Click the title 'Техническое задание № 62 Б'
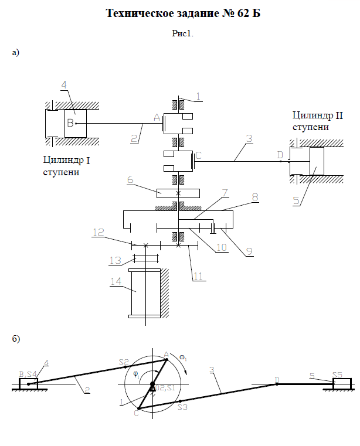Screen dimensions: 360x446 coord(183,13)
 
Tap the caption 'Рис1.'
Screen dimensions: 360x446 coord(182,33)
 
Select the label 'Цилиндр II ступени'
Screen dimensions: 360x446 coord(318,121)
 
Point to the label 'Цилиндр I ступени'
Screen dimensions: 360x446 coord(66,166)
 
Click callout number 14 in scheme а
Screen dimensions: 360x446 coord(116,281)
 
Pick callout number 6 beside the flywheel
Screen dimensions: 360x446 coord(130,179)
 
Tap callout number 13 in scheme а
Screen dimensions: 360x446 coord(116,260)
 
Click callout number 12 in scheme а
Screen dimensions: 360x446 coord(99,232)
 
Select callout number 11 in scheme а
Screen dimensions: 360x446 coord(198,276)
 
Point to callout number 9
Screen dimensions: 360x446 coord(249,251)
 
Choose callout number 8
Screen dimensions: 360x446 coord(255,197)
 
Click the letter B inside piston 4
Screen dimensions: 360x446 coord(70,123)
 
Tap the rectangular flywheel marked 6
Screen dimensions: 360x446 coord(178,193)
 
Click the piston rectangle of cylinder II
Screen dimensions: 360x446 coord(317,161)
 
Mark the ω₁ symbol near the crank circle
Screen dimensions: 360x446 coord(183,358)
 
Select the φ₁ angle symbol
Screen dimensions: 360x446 coord(136,375)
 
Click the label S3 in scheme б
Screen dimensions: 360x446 coord(182,407)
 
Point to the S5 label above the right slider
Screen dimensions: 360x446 coord(337,374)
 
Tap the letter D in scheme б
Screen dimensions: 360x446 coord(277,380)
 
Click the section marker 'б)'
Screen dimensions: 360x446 coord(16,339)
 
